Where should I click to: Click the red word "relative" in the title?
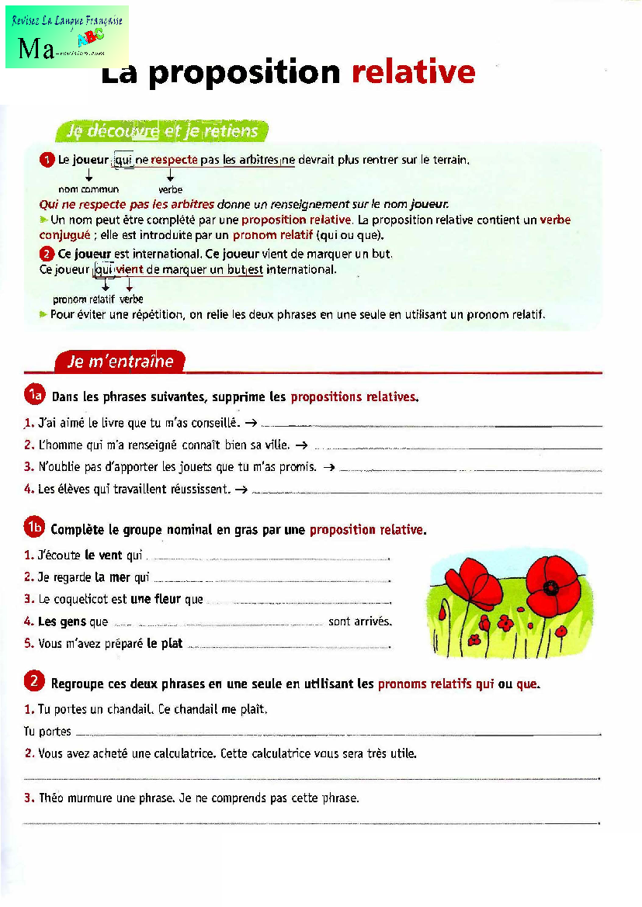tap(413, 72)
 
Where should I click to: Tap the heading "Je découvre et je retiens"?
tap(161, 131)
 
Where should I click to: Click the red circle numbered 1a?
tap(34, 396)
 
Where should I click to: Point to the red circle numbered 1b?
tap(34, 528)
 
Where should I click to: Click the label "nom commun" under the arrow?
tap(88, 189)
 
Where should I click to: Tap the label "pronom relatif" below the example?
tap(79, 299)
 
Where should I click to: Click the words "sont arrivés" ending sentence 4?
tap(359, 621)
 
